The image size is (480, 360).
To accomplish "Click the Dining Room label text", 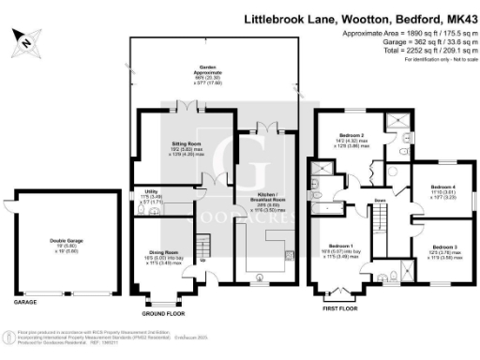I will pyautogui.click(x=165, y=254).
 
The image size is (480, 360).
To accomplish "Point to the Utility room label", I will pyautogui.click(x=149, y=193).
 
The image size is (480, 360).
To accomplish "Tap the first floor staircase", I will pyautogui.click(x=380, y=225).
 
